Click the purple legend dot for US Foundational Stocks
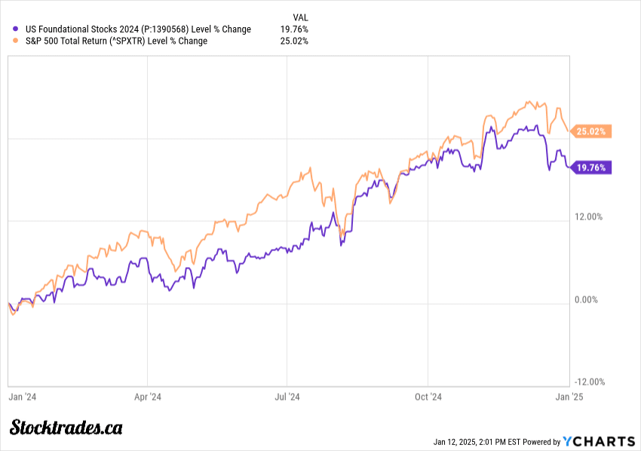(x=8, y=29)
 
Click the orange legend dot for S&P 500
(x=8, y=41)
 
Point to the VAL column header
(x=299, y=17)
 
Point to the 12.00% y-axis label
(x=589, y=217)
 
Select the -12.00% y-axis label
(x=589, y=382)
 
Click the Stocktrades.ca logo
(x=66, y=428)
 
